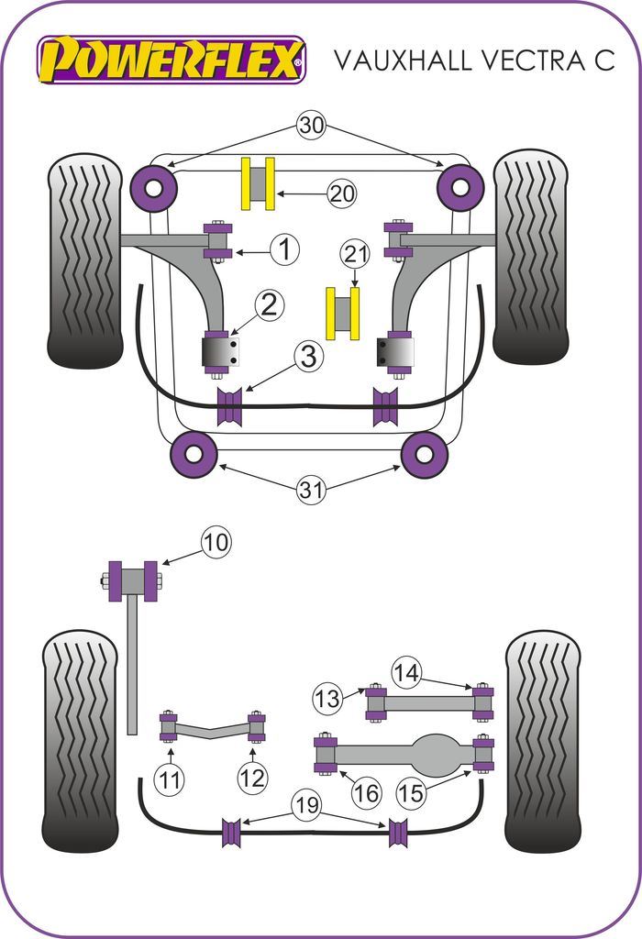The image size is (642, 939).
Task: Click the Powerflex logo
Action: coord(171,60)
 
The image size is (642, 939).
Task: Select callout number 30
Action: coord(311,126)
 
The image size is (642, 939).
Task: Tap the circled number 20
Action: coord(342,193)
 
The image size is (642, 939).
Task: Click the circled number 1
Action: coord(285,249)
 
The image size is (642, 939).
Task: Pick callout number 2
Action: coord(269,305)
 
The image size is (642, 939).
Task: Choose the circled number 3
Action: coord(309,356)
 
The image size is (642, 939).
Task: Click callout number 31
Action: coord(311,490)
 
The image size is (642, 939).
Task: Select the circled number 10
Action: coord(217,542)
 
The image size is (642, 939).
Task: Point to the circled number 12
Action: coord(252,779)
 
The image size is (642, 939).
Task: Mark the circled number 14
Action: coord(406,673)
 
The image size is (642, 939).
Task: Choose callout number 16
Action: coord(367,791)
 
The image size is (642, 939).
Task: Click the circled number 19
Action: coord(307,807)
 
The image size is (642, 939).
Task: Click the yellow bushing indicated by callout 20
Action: coord(258,183)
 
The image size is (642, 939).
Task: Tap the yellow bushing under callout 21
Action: coord(342,313)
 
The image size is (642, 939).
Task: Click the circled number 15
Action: coord(413,791)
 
